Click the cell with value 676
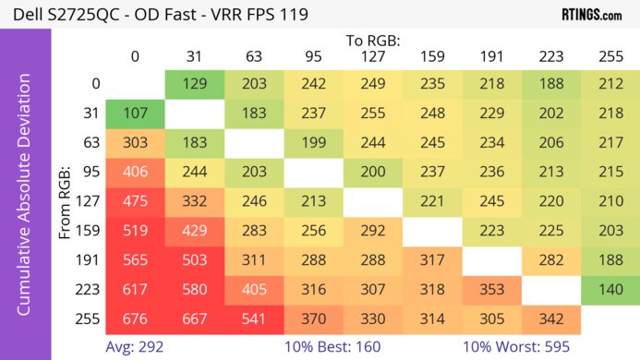click(x=135, y=318)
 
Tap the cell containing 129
click(x=195, y=85)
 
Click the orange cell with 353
click(x=492, y=289)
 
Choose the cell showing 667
click(x=195, y=318)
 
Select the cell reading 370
click(x=314, y=318)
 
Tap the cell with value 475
click(x=135, y=201)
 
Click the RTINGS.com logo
click(x=591, y=15)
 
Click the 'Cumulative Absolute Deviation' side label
click(x=26, y=201)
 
